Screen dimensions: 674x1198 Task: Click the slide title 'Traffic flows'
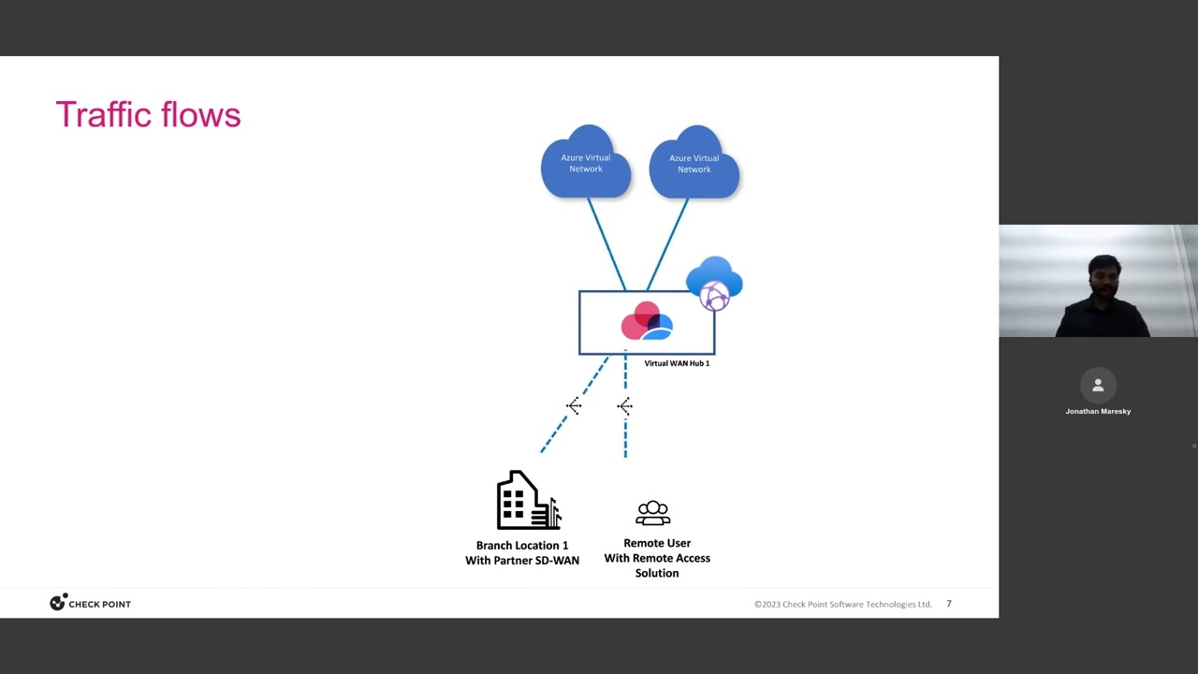pos(148,115)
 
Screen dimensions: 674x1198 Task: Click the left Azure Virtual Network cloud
pos(586,163)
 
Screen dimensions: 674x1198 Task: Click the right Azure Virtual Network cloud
pos(694,163)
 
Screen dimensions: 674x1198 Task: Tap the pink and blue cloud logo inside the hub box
pos(647,321)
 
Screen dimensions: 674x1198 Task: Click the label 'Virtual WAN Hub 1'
pos(677,363)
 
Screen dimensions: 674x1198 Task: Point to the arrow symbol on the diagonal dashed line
pos(574,405)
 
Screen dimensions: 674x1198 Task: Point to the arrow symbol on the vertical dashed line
pos(625,405)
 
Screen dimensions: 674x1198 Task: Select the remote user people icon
pos(652,513)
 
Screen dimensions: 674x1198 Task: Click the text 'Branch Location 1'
pos(522,545)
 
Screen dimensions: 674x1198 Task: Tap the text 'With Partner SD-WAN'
pos(522,560)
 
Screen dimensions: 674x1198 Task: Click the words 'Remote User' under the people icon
pos(657,543)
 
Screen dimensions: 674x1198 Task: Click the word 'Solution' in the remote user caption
pos(657,573)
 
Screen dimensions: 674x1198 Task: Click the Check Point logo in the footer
pos(90,604)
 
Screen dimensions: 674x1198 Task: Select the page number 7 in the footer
pos(948,604)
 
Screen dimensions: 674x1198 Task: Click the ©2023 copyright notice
pos(842,604)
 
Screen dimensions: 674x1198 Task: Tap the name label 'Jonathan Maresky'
pos(1098,411)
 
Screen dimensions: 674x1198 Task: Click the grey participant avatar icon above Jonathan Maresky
pos(1098,385)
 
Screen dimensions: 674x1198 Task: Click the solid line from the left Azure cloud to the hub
pos(606,243)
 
